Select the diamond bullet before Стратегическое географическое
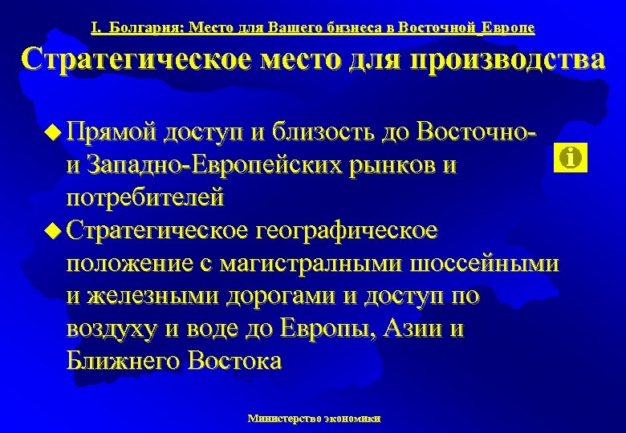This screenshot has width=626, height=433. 53,231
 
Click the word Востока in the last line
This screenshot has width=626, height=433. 234,361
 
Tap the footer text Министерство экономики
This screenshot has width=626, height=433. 314,418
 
